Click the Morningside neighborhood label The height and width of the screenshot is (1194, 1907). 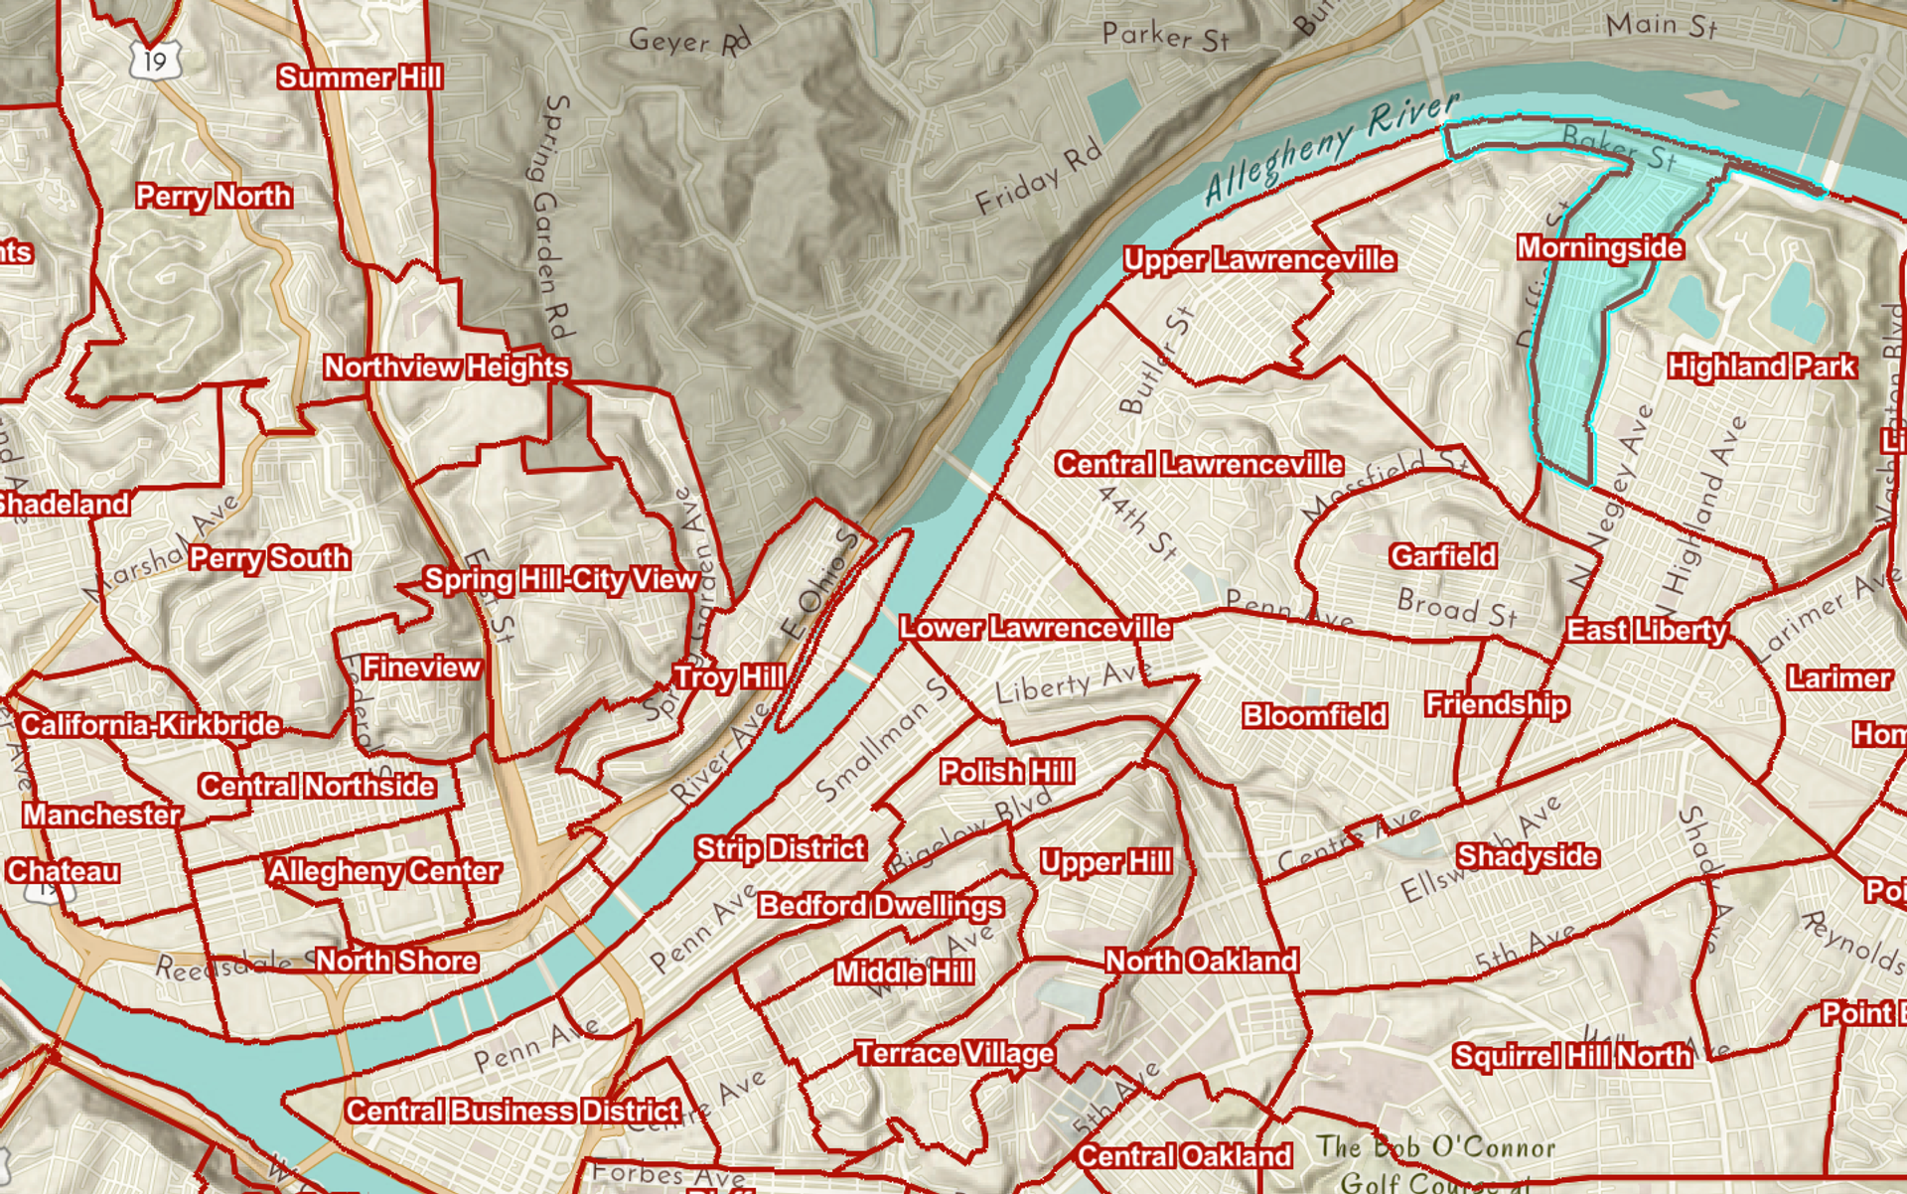1599,248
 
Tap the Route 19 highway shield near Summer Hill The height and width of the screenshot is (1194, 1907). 155,62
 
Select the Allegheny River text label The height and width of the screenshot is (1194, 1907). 1331,149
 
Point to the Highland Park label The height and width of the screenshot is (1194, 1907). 1761,368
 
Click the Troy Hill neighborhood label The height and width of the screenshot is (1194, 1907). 729,677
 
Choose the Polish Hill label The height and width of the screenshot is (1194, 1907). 1006,772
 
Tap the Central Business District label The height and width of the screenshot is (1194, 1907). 513,1111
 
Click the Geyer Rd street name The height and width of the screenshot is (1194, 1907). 689,41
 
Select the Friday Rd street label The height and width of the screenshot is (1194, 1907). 1038,178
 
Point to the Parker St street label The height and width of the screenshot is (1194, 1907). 1165,37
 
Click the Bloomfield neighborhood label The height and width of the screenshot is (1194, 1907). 1314,716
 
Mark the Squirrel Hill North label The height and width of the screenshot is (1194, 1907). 1571,1056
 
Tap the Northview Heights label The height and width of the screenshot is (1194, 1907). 446,368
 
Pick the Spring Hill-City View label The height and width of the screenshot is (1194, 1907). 560,580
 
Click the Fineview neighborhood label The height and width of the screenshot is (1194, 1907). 421,668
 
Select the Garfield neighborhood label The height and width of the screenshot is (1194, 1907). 1442,556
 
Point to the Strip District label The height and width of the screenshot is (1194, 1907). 781,849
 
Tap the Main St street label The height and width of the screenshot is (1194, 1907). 1661,25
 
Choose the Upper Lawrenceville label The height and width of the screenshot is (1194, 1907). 1259,260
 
